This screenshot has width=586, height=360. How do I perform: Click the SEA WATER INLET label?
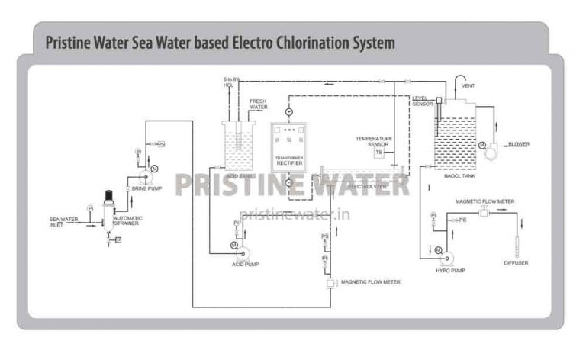pos(63,222)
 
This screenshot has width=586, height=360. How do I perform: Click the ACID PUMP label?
pos(246,265)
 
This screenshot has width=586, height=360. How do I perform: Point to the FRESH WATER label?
pos(259,104)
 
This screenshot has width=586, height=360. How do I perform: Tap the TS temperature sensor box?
pos(378,153)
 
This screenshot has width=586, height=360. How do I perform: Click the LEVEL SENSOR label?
pos(422,101)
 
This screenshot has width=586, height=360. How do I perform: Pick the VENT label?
pos(468,86)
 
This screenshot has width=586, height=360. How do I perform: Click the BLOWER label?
pos(519,143)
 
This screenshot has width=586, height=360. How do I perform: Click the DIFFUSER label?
pos(516,263)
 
